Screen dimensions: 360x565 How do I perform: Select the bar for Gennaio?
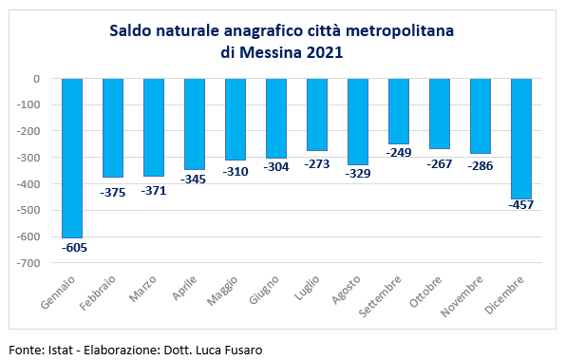(x=72, y=157)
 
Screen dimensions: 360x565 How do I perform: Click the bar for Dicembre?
(x=521, y=138)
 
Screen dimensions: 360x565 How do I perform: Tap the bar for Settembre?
(x=399, y=110)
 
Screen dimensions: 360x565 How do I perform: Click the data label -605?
(x=73, y=248)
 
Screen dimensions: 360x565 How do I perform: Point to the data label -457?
(x=521, y=205)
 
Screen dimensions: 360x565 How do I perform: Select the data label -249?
(x=399, y=152)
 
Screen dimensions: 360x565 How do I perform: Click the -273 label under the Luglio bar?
(x=317, y=163)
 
